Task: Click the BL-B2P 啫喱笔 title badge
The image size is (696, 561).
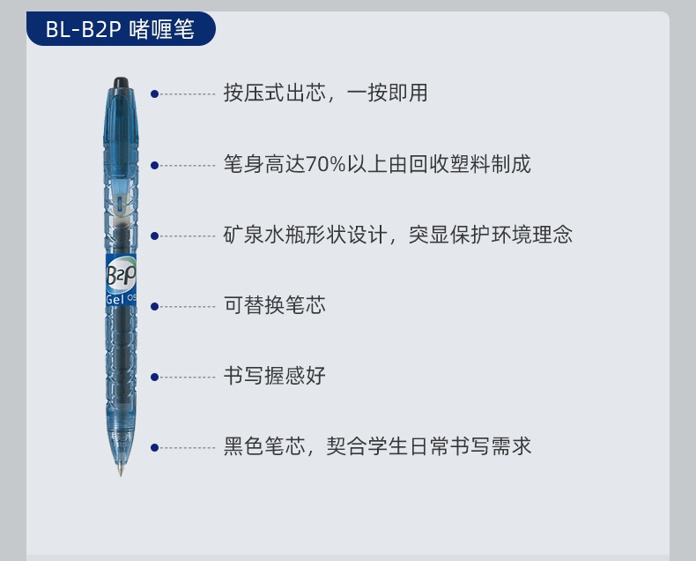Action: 121,29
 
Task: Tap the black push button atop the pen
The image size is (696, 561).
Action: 121,83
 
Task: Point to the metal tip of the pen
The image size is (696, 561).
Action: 121,469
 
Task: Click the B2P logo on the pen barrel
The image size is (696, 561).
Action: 121,274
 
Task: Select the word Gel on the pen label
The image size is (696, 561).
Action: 115,299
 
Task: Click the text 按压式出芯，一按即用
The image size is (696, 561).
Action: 325,93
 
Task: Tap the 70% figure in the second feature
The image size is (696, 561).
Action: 326,164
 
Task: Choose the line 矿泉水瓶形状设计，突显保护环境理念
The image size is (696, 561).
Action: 397,235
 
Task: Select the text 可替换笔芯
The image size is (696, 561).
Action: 274,305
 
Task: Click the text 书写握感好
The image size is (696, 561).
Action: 274,376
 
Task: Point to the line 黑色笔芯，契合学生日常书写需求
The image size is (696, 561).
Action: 377,446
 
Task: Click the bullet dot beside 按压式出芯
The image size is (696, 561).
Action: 154,94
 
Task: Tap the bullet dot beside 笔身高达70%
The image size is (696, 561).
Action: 154,165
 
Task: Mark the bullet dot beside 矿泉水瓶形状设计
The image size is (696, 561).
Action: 154,236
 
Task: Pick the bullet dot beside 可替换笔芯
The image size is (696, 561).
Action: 154,307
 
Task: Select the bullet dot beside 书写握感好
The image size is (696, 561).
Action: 154,378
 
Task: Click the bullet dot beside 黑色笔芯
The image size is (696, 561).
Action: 154,447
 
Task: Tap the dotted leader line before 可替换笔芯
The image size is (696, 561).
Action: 188,307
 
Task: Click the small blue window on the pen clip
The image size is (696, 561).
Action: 120,204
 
